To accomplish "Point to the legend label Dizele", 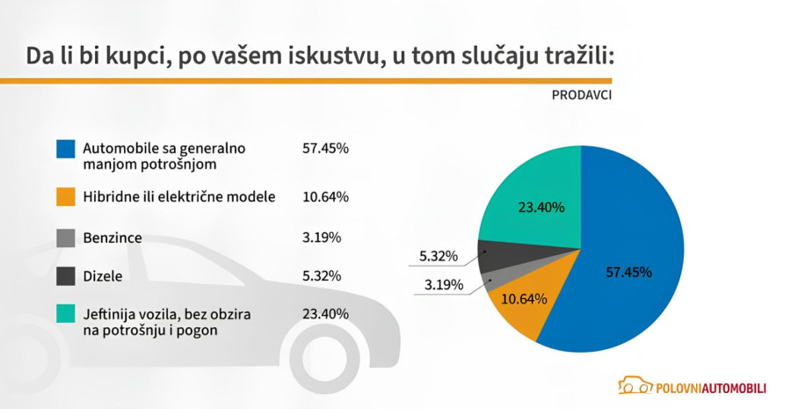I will click(102, 276).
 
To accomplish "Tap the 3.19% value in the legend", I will click(322, 237).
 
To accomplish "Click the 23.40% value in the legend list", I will click(325, 314).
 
